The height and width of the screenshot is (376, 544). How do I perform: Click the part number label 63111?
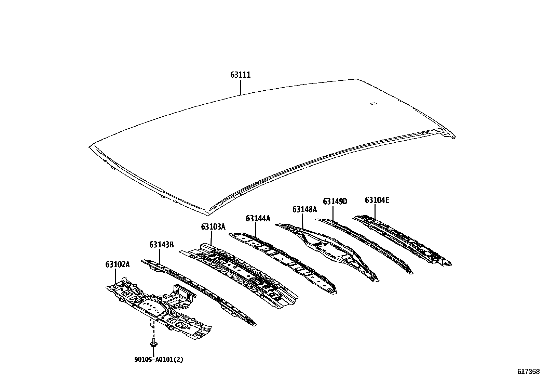pos(240,75)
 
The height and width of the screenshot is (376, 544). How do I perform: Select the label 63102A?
pos(117,264)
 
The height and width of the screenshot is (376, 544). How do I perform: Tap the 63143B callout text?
pos(161,245)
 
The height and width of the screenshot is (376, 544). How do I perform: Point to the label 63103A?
pos(213,226)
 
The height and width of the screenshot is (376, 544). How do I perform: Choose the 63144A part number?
pos(258,218)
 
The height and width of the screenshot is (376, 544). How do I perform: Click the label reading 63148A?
pos(304,209)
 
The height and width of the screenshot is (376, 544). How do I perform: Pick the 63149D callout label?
pos(335,202)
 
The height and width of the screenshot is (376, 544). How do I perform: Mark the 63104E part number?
pos(377,200)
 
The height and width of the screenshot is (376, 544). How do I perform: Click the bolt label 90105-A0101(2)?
pos(159,360)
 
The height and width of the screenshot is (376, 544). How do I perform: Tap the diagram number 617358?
pos(528,372)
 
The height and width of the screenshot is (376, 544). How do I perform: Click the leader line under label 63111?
pos(240,87)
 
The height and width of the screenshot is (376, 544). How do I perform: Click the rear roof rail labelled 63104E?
pos(403,239)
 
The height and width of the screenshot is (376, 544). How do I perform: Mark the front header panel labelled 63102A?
pos(157,308)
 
